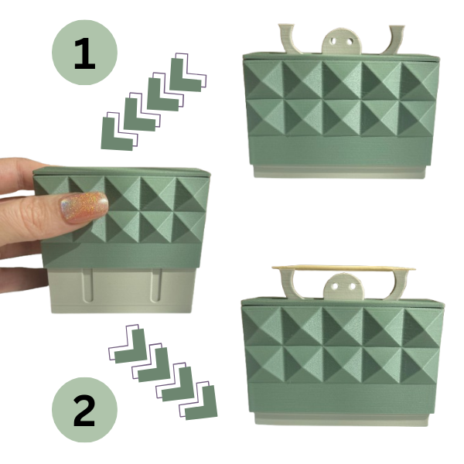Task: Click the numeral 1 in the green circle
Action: coord(85,53)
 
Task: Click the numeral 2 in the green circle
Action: coord(84,410)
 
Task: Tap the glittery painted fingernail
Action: coord(84,207)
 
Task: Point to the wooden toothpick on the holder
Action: coord(343,268)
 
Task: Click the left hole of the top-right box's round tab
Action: coord(334,40)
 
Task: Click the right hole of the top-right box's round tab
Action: coord(350,40)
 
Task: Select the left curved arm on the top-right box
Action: coord(291,39)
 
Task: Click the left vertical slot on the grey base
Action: coord(88,285)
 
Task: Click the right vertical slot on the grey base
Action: coord(156,285)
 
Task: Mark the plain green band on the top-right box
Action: coord(340,150)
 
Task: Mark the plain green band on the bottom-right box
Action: coord(342,397)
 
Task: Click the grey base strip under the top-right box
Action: coord(339,172)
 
